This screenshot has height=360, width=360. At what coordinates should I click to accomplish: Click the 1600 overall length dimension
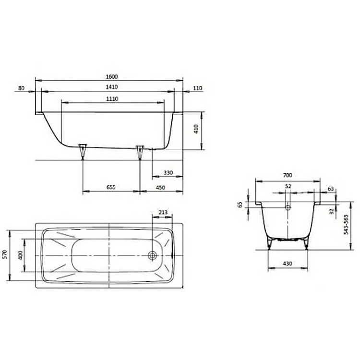(x=112, y=76)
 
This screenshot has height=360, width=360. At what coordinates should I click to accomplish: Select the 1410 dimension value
(x=112, y=87)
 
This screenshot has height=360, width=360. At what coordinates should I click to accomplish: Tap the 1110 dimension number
(x=112, y=99)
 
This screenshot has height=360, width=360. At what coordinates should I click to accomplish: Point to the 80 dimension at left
(x=21, y=88)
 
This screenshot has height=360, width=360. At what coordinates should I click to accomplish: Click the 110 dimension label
(x=198, y=88)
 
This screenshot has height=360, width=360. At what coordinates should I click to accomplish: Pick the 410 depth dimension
(x=196, y=129)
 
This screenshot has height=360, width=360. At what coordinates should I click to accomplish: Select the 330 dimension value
(x=168, y=172)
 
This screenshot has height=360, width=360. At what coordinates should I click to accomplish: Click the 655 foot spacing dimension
(x=111, y=187)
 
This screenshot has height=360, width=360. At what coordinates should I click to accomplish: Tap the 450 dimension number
(x=160, y=188)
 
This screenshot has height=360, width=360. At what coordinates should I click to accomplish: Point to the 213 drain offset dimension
(x=163, y=212)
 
